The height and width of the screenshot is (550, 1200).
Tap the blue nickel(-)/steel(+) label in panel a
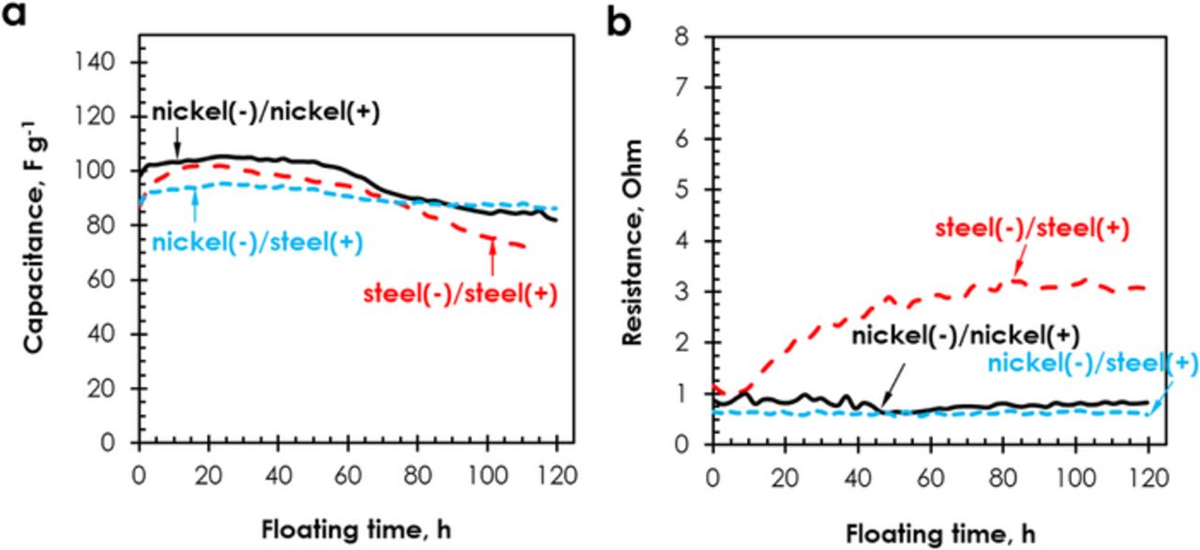click(x=257, y=243)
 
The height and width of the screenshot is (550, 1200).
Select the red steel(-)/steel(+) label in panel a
click(x=460, y=293)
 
